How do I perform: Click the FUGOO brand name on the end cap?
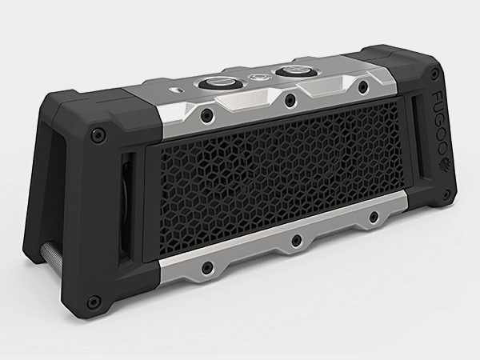point(438,122)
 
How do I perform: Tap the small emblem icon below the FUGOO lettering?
point(443,163)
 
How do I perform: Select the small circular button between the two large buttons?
point(256,77)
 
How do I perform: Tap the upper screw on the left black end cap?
point(98,134)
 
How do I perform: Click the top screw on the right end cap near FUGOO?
point(434,74)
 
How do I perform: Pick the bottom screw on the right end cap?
point(446,194)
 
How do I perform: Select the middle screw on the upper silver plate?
point(290,100)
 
